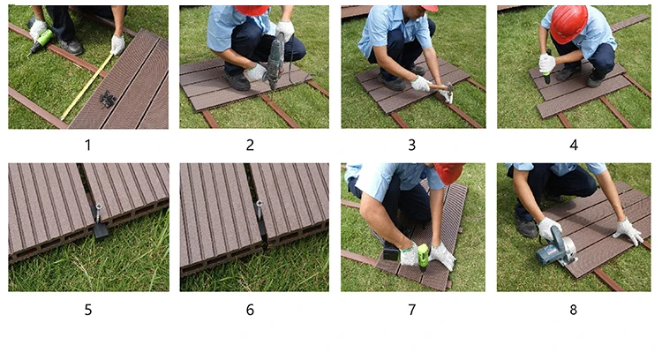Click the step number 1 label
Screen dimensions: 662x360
click(87, 146)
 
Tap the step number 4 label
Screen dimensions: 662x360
click(574, 146)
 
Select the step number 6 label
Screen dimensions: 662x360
click(250, 310)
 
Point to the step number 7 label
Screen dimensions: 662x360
click(411, 310)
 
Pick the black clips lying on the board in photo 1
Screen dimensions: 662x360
click(108, 99)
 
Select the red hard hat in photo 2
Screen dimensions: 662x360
click(252, 10)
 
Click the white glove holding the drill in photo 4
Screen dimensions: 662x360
click(546, 63)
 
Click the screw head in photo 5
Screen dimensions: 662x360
click(98, 206)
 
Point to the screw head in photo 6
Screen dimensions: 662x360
click(259, 204)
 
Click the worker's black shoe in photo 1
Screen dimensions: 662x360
click(71, 47)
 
